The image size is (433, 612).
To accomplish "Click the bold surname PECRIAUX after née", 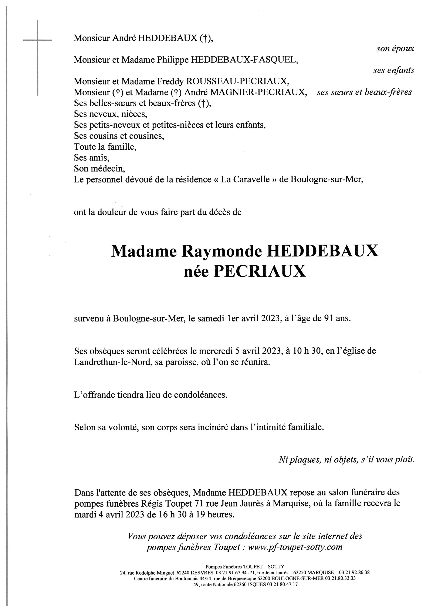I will click(260, 271).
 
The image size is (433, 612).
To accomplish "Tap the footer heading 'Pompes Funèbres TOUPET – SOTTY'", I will click(245, 567).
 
